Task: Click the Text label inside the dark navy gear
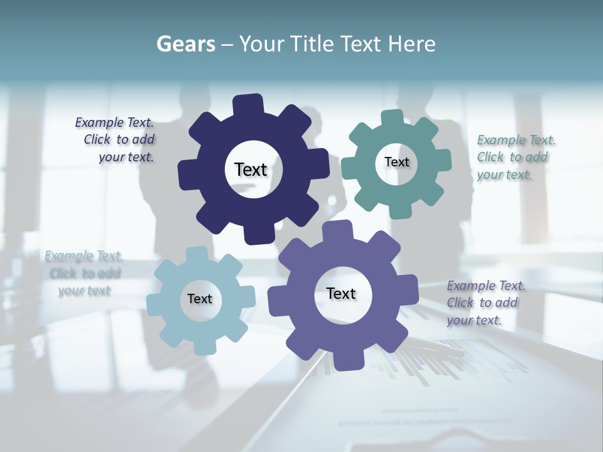[x=251, y=169]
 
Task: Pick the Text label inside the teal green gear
[x=396, y=162]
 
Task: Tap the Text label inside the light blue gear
[x=200, y=299]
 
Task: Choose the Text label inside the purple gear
[x=341, y=293]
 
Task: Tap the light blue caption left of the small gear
[x=84, y=273]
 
